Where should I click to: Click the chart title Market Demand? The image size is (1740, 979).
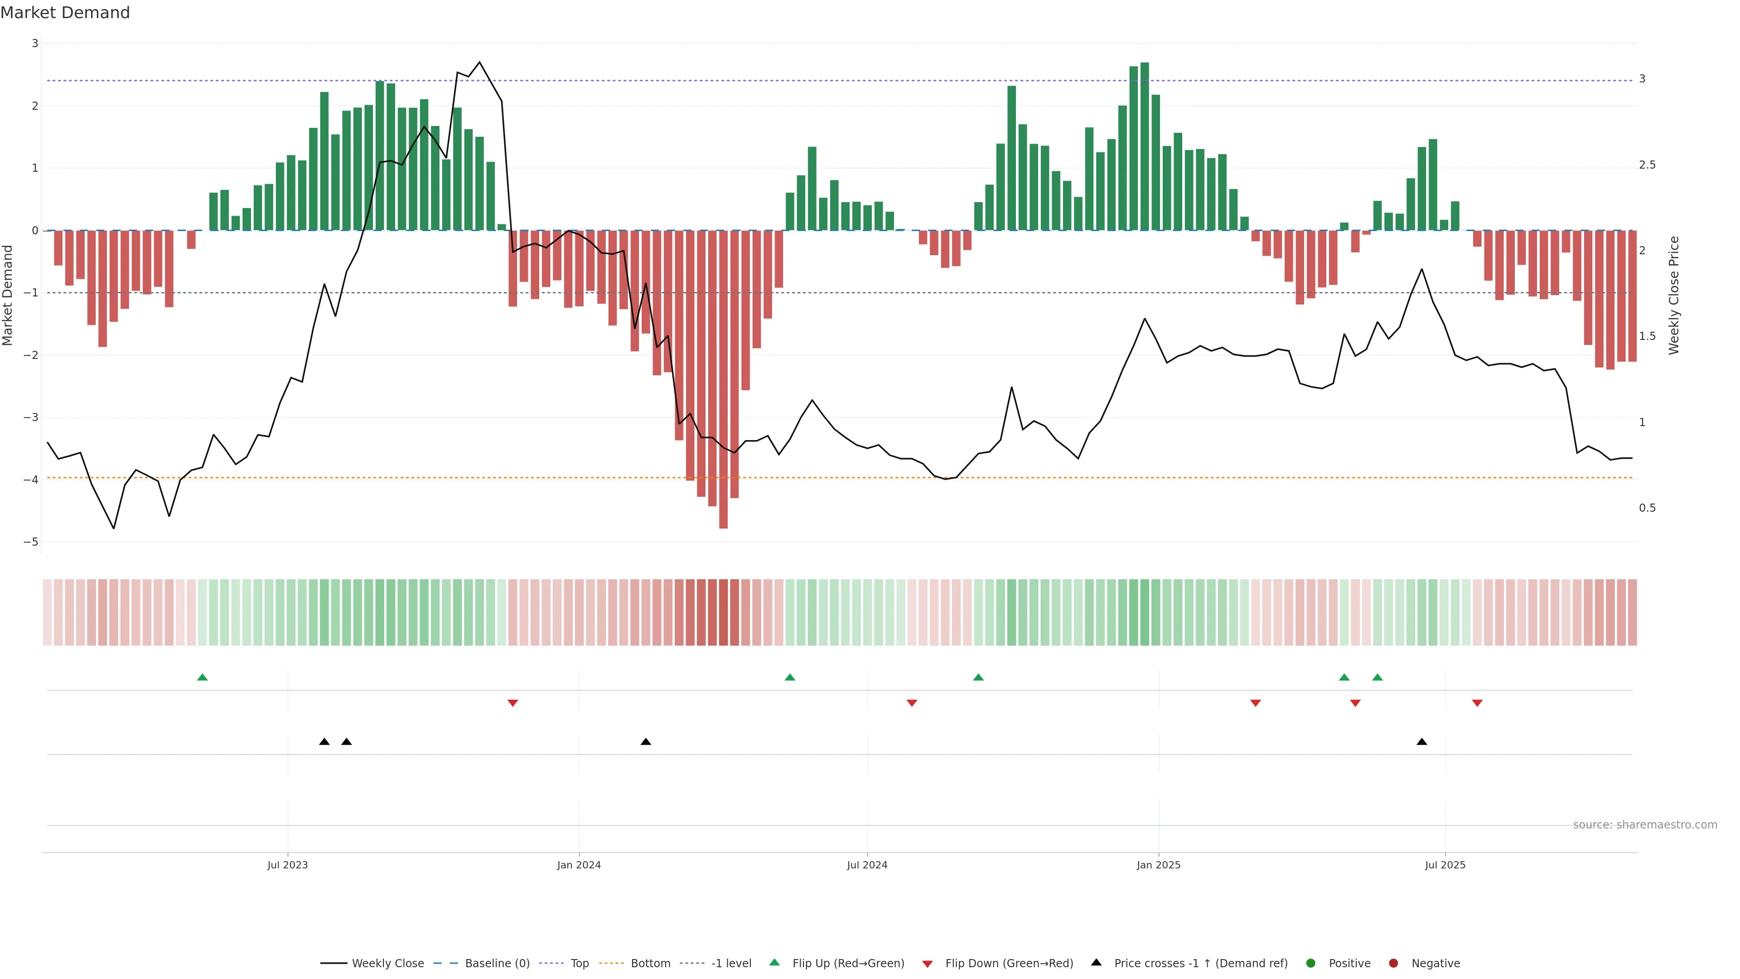[x=65, y=13]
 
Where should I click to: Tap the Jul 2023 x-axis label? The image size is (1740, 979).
[x=287, y=865]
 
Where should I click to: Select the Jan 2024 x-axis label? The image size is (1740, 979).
[x=579, y=865]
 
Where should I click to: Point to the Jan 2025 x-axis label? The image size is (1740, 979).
[x=1159, y=865]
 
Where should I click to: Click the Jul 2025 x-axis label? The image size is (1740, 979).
[x=1445, y=865]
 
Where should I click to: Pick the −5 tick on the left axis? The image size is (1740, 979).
[x=30, y=542]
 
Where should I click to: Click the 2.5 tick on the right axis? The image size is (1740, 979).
[x=1647, y=165]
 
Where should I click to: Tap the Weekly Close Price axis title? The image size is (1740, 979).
[x=1674, y=295]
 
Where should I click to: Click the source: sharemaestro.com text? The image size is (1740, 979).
[x=1645, y=825]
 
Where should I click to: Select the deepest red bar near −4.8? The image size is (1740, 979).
[x=724, y=378]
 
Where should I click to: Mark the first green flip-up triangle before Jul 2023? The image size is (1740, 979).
[x=202, y=677]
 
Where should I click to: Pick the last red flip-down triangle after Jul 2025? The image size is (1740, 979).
[x=1477, y=703]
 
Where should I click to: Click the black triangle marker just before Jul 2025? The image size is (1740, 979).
[x=1422, y=742]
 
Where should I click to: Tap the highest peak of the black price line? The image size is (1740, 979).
[x=479, y=62]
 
